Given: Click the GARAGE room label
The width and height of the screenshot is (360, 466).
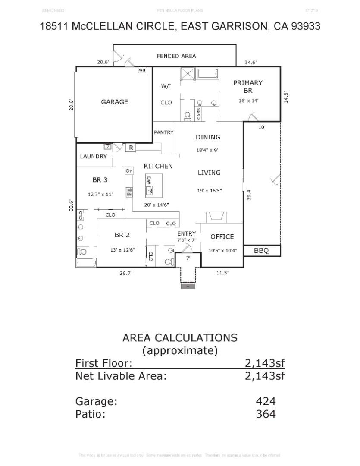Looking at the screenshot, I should (x=114, y=102).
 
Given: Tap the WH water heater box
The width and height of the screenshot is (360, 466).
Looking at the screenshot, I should (x=142, y=70).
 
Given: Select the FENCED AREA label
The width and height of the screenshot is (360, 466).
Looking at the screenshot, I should (x=176, y=56).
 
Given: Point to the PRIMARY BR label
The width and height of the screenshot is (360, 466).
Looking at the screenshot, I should (x=248, y=86).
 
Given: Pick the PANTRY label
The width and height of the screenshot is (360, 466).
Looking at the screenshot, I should (x=164, y=132).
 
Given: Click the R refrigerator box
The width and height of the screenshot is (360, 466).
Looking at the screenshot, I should (x=131, y=148).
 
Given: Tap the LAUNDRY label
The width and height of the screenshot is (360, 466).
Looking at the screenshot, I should (x=93, y=156).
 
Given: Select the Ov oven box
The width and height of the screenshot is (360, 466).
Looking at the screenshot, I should (x=128, y=171).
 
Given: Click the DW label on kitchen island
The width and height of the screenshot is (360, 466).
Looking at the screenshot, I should (x=149, y=181).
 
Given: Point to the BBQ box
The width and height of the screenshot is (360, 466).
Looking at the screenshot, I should (x=262, y=250).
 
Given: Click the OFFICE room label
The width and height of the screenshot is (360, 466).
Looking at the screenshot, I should (x=222, y=236).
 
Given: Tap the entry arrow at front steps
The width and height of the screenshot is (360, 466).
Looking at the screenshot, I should (x=188, y=286).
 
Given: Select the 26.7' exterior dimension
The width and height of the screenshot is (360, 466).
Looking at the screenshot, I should (x=125, y=273).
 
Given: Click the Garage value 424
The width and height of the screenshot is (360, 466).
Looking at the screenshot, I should (x=265, y=401).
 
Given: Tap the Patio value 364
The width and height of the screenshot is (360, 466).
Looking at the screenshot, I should (x=265, y=414).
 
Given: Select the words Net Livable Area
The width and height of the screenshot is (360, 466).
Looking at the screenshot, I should (x=121, y=375).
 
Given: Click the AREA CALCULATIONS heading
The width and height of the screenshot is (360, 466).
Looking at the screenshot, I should (x=180, y=337).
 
